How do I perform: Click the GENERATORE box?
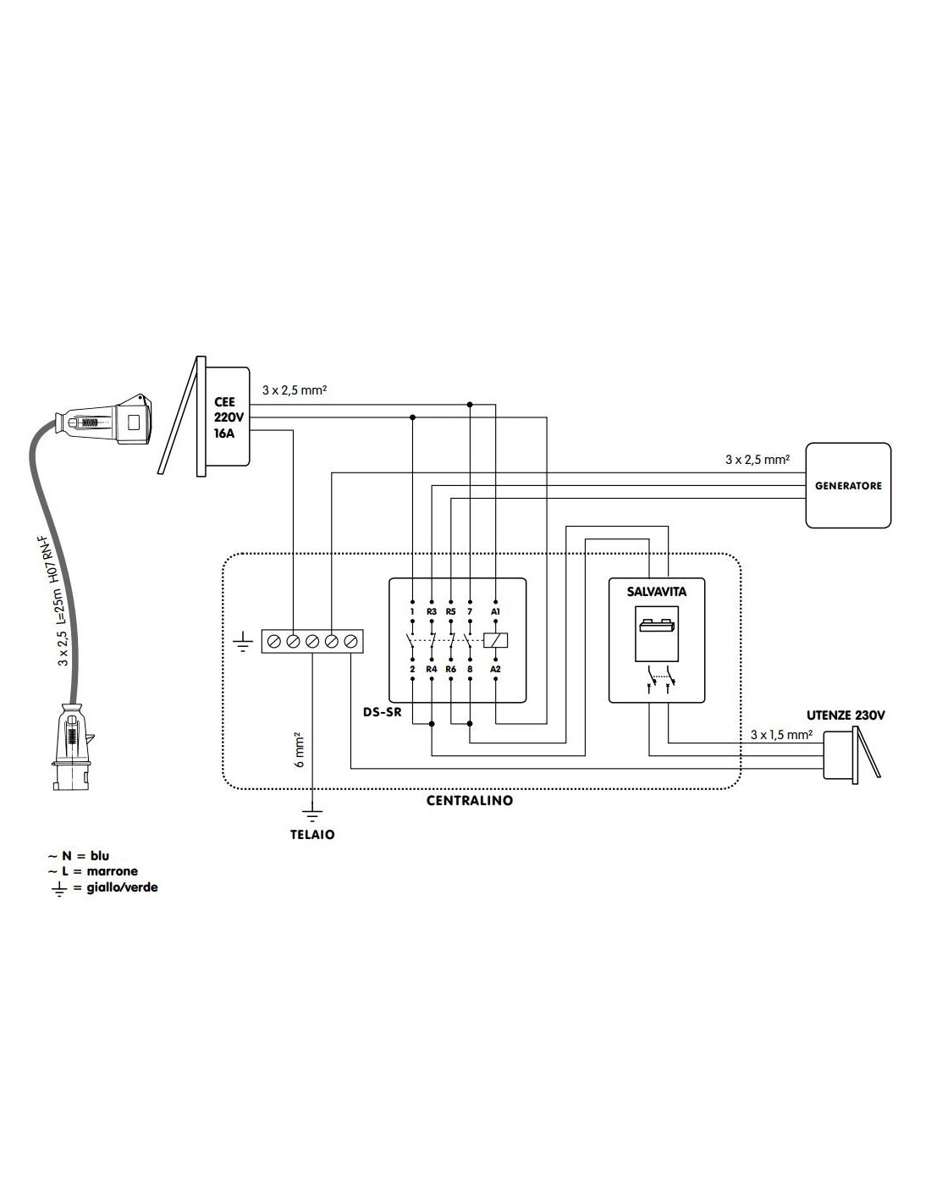pyautogui.click(x=847, y=485)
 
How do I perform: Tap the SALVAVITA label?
pyautogui.click(x=657, y=592)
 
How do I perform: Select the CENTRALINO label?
pyautogui.click(x=470, y=800)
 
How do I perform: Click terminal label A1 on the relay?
pyautogui.click(x=495, y=610)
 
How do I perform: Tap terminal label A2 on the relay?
pyautogui.click(x=495, y=669)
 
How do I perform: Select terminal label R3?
pyautogui.click(x=432, y=610)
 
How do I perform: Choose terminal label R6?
pyautogui.click(x=450, y=669)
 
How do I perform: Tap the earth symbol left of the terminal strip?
pyautogui.click(x=243, y=641)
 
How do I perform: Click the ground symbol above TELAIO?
pyautogui.click(x=312, y=815)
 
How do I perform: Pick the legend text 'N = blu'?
pyautogui.click(x=85, y=856)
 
